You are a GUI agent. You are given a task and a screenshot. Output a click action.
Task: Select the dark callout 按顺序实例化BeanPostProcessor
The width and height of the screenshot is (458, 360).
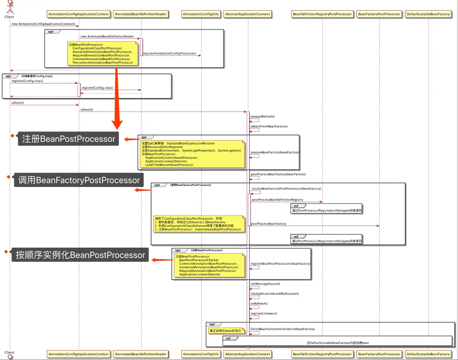(80, 255)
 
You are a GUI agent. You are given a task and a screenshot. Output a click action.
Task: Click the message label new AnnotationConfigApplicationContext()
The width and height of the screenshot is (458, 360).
(43, 24)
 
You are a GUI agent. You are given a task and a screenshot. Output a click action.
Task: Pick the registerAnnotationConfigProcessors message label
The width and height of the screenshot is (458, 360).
(169, 53)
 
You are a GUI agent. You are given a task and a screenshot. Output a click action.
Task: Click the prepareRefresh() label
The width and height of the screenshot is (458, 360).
(263, 117)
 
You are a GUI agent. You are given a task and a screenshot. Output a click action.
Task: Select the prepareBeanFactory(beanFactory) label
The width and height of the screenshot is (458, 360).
(275, 152)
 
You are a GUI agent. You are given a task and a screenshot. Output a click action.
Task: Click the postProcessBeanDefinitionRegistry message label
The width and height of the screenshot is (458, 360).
(277, 200)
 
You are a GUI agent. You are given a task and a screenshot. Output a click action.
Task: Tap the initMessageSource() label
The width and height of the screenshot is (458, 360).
(265, 284)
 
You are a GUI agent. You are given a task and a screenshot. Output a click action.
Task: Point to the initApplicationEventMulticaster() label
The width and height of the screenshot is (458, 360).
(275, 293)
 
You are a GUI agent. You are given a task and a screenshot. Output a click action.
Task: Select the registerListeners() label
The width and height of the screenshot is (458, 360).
(264, 313)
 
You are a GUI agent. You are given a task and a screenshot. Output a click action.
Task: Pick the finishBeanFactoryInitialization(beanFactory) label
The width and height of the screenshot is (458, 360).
(282, 329)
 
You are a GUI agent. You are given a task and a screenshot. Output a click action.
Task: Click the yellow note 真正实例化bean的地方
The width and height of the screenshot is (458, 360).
(226, 331)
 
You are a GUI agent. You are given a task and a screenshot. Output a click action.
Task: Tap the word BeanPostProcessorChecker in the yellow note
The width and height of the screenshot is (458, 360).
(199, 260)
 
